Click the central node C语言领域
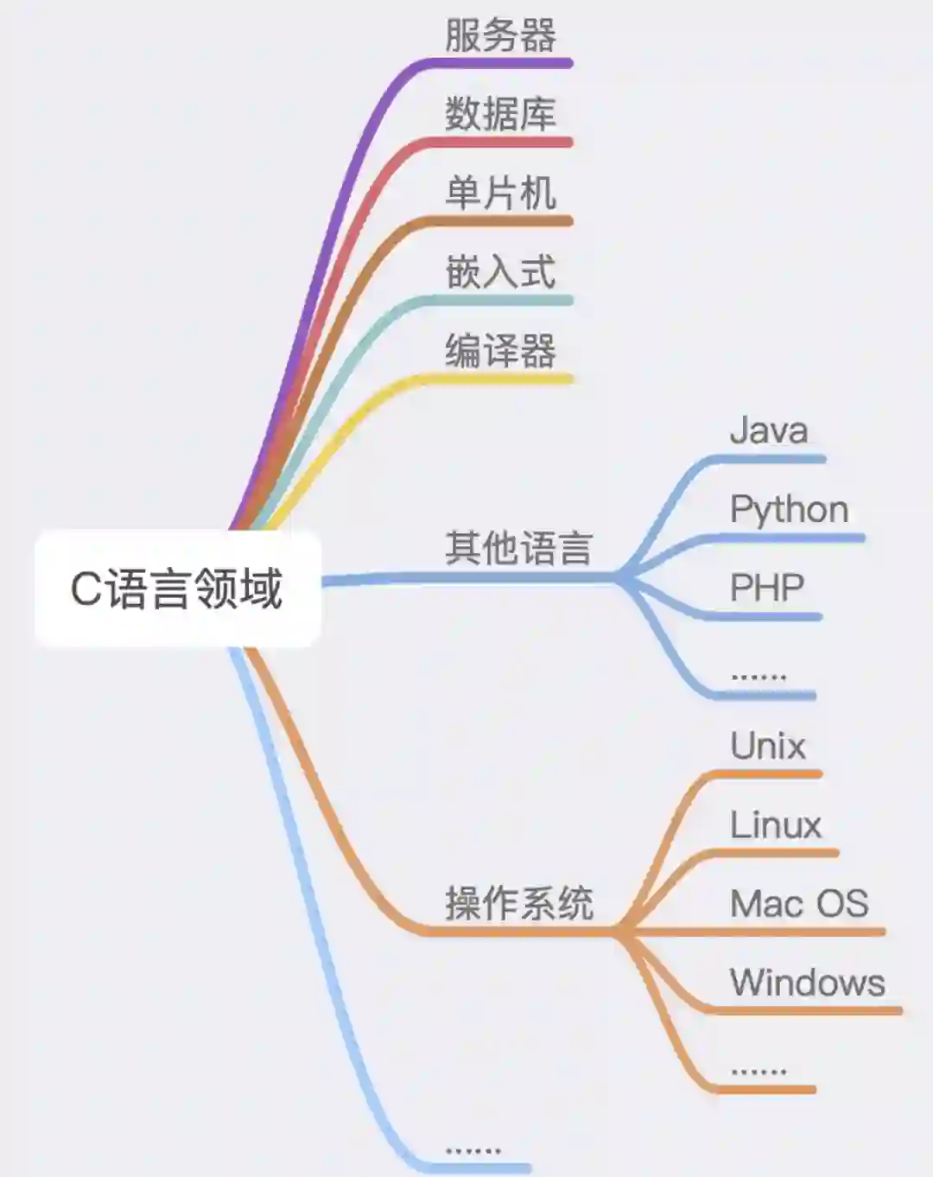177,588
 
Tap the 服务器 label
500,35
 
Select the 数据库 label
500,114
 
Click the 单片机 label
500,193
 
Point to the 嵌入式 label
500,271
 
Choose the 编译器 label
500,351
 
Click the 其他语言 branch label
518,548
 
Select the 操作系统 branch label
518,904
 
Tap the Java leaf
769,430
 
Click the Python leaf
789,510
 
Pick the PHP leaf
767,588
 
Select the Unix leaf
768,746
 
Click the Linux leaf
776,825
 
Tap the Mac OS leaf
799,904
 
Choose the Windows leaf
808,983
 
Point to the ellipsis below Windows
758,1071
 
